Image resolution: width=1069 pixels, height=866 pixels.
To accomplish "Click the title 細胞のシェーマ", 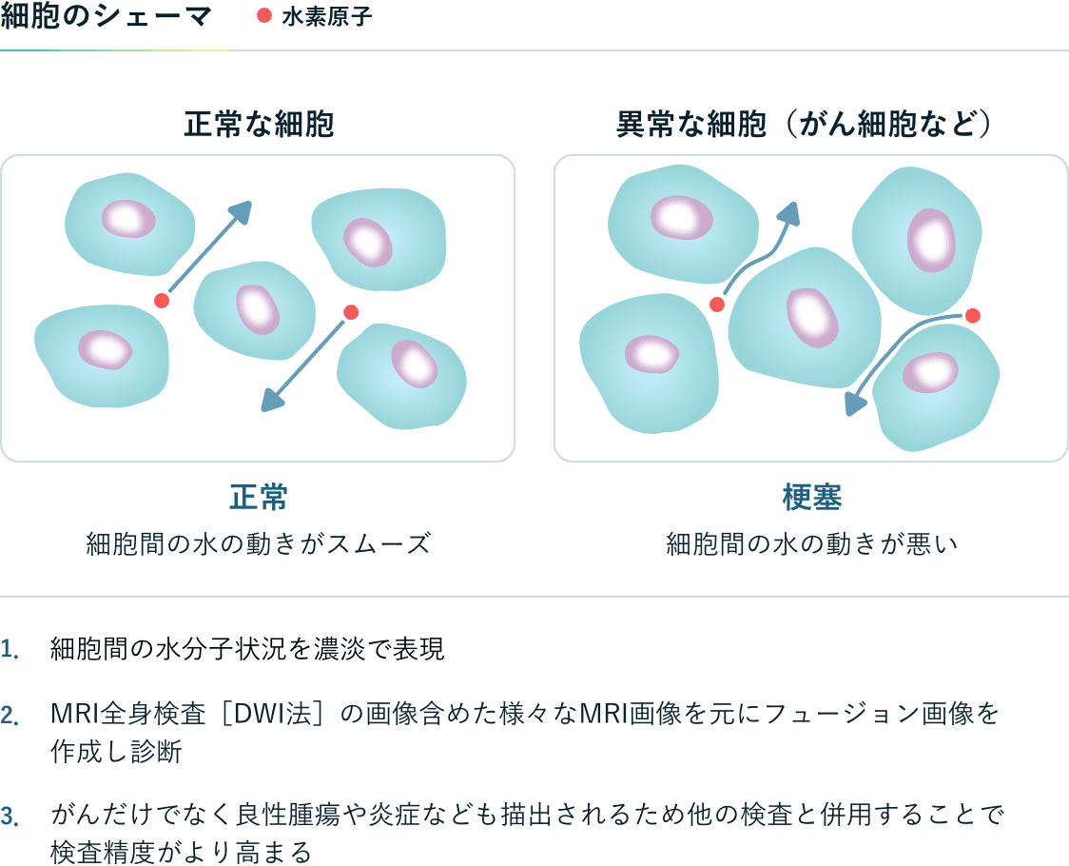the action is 106,16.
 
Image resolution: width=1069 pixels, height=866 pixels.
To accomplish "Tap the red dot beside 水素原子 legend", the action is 264,15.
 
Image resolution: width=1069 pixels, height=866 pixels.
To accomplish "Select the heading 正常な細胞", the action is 259,125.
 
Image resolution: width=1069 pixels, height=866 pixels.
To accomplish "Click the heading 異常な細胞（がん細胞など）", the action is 805,125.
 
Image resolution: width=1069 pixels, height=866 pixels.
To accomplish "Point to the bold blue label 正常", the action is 259,497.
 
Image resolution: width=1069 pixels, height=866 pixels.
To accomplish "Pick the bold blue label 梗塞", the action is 812,497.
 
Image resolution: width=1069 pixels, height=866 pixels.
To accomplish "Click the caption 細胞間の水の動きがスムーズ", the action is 259,544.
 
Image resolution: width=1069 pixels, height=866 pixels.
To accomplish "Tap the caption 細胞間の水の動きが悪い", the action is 812,544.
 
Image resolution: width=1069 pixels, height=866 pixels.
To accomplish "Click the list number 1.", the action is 9,649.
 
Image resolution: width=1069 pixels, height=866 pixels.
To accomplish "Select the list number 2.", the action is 10,716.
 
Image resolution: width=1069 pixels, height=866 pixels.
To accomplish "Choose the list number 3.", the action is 10,817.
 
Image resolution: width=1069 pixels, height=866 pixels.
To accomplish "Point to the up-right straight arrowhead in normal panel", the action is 241,211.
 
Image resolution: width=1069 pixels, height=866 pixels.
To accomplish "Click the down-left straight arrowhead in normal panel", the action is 273,400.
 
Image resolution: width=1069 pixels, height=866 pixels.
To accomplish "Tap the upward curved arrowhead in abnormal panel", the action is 788,213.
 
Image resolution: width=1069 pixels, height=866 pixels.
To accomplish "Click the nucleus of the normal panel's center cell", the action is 258,309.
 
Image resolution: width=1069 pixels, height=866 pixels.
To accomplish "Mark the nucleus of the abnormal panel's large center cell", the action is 812,317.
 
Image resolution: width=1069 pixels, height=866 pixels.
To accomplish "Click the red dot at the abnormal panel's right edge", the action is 973,315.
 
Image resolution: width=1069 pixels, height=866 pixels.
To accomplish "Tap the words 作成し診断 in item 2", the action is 116,752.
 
